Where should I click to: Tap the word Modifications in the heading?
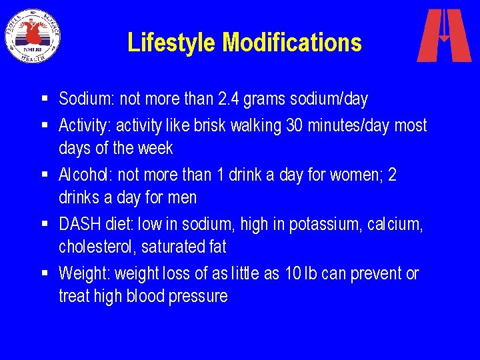[x=292, y=43]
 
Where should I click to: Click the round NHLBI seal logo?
[x=32, y=35]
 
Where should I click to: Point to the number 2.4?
[x=230, y=99]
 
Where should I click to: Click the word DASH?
[x=77, y=225]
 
